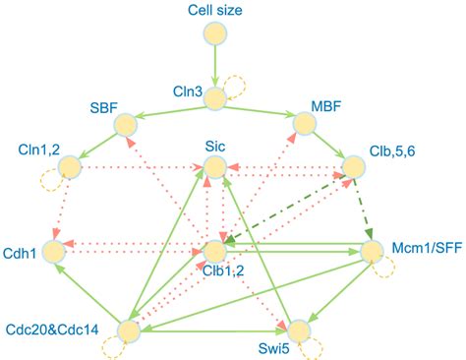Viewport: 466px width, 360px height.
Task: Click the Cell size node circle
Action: tap(213, 34)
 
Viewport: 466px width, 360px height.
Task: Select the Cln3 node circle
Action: tap(213, 93)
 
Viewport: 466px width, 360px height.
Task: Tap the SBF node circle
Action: tap(126, 124)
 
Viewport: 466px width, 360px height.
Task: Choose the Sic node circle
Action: tap(213, 168)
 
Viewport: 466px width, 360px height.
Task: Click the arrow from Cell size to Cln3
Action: tap(213, 64)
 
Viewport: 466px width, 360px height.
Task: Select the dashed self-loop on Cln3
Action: tap(236, 89)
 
